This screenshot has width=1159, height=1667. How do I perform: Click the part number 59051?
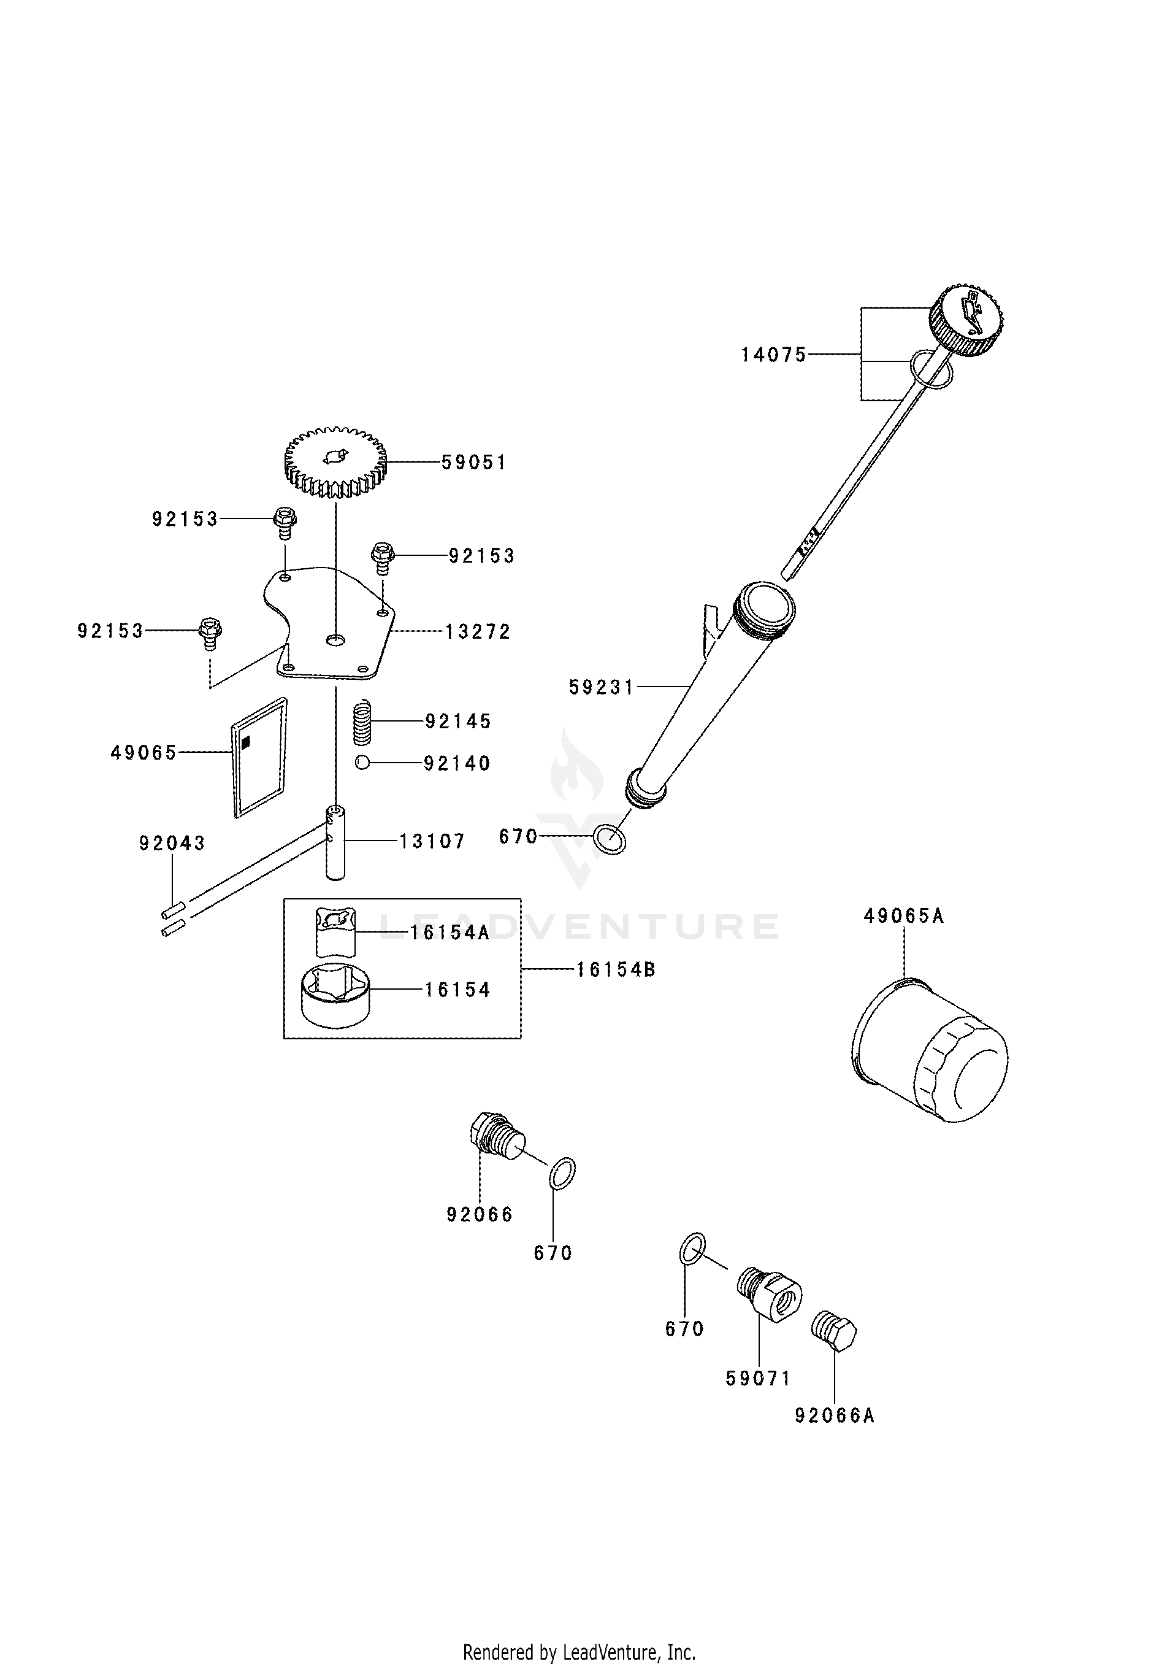pyautogui.click(x=474, y=463)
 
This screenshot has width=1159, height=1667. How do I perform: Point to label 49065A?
pyautogui.click(x=903, y=916)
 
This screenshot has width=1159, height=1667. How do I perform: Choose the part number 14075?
pyautogui.click(x=774, y=355)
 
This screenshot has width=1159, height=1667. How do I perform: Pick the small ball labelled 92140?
pyautogui.click(x=363, y=763)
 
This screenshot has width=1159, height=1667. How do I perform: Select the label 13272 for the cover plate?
pyautogui.click(x=478, y=633)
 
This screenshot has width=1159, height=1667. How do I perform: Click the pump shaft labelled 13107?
pyautogui.click(x=335, y=842)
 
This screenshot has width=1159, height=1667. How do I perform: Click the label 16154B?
pyautogui.click(x=616, y=970)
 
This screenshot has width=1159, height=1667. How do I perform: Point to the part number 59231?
pyautogui.click(x=602, y=687)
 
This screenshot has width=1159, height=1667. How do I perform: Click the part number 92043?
pyautogui.click(x=172, y=844)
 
